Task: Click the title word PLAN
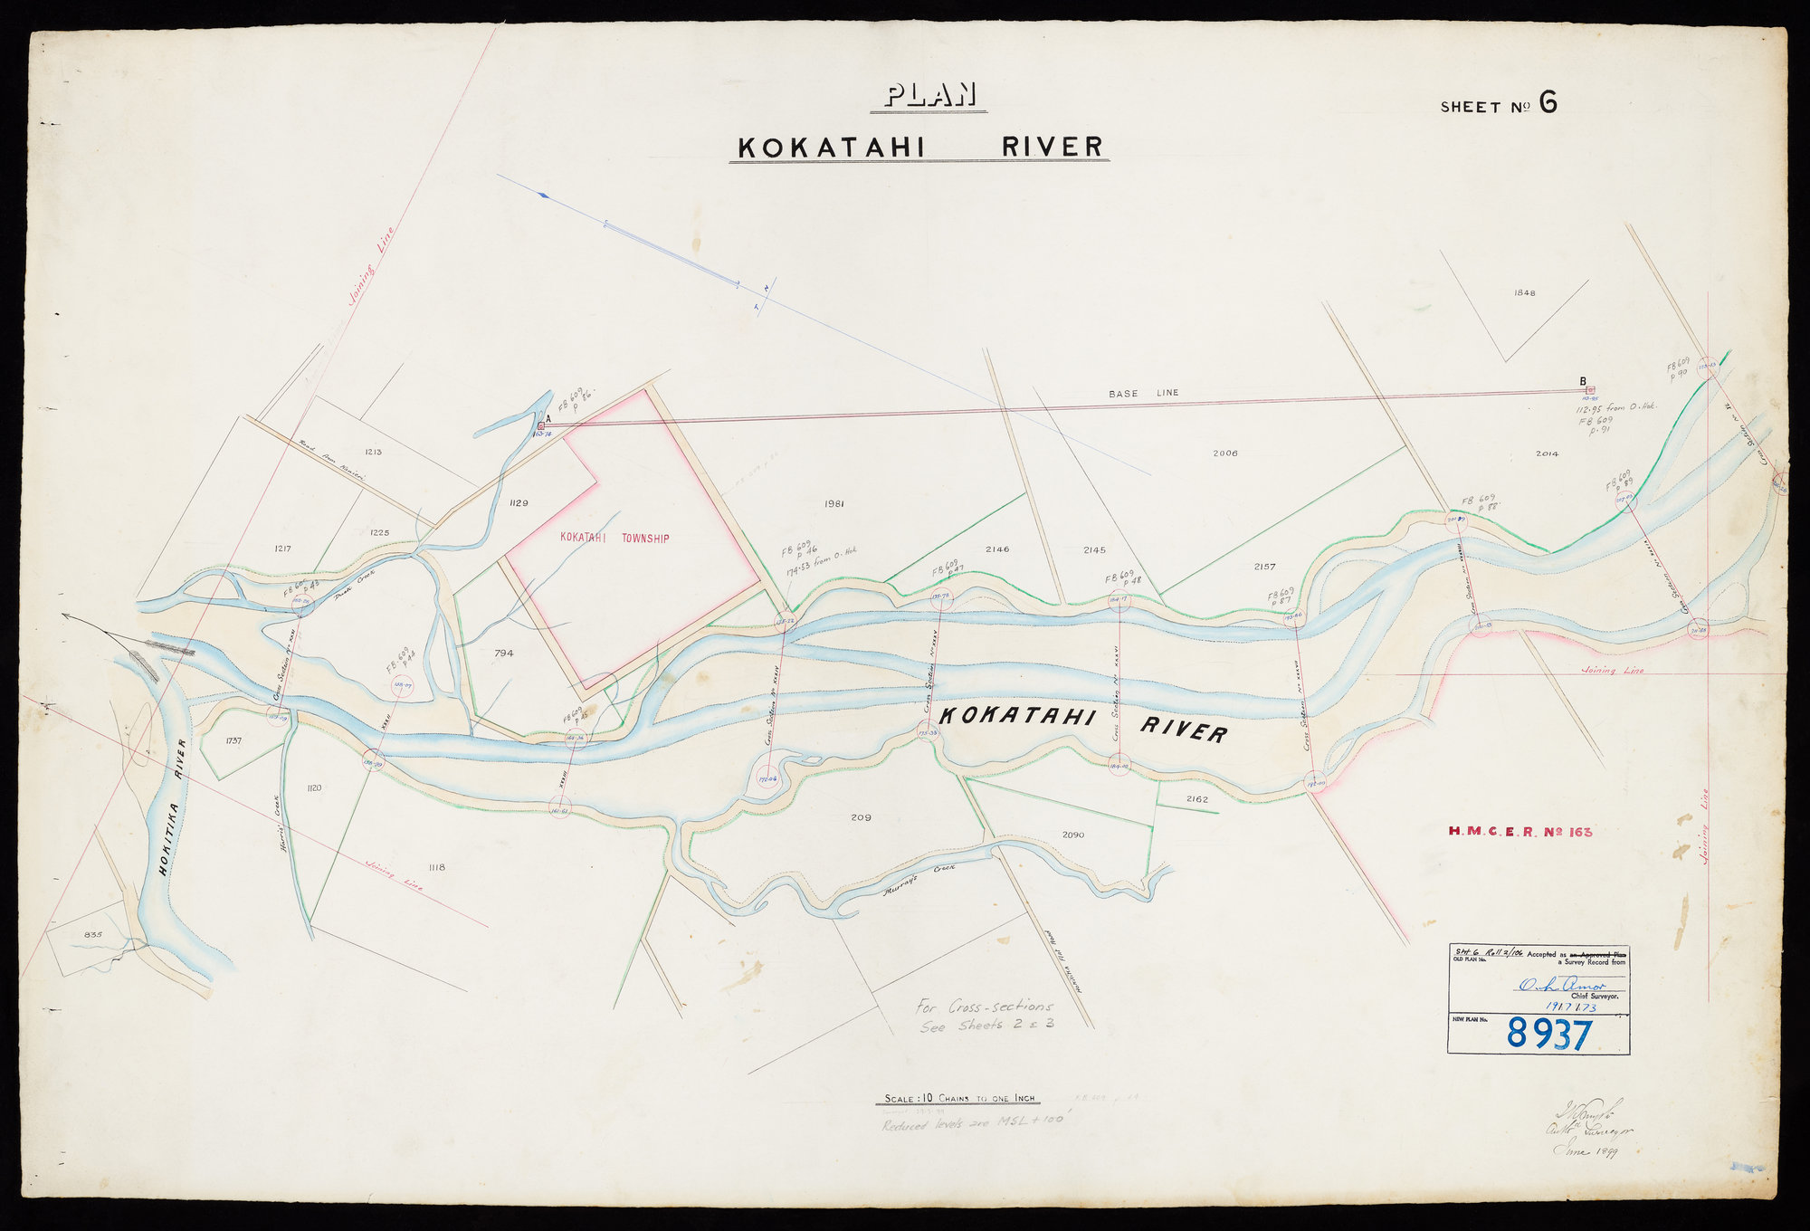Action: [x=929, y=96]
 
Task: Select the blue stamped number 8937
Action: [x=1548, y=1033]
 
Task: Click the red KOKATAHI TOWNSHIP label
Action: [x=614, y=539]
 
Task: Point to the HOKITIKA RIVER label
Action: [x=173, y=808]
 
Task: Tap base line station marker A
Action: [x=541, y=425]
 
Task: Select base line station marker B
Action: [x=1590, y=390]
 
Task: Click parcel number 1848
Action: [x=1525, y=293]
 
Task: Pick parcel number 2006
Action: [x=1225, y=453]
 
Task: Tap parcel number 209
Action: [x=861, y=817]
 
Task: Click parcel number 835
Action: [x=93, y=934]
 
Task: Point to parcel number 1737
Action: [x=233, y=741]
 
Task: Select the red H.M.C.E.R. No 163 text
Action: [x=1519, y=830]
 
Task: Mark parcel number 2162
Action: [x=1196, y=799]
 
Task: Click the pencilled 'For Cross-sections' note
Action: [x=984, y=1007]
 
